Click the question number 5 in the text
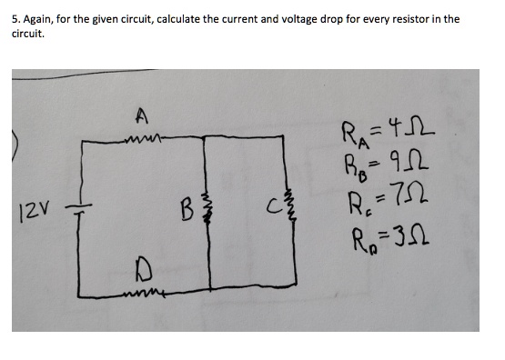coord(15,19)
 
